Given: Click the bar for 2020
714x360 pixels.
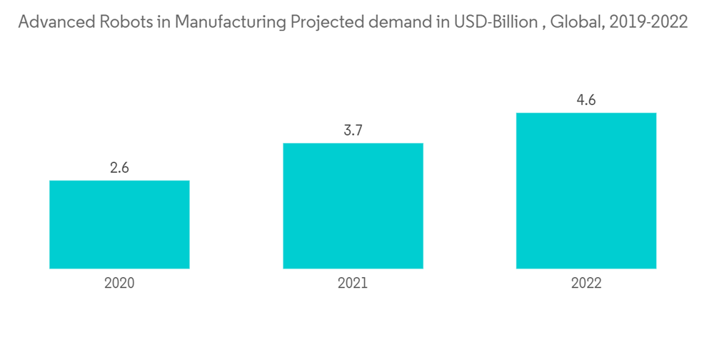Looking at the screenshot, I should pos(119,224).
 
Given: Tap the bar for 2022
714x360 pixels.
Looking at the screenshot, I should pos(586,191).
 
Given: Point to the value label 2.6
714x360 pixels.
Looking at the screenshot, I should pos(119,169).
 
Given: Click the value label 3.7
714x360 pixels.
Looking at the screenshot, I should pos(353,131).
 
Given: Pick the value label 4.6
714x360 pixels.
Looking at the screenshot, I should pos(586,101).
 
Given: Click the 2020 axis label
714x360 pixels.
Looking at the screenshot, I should pos(119,283).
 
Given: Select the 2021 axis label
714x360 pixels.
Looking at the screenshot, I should pos(353,283).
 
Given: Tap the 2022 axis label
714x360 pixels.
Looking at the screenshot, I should pos(586,283).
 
